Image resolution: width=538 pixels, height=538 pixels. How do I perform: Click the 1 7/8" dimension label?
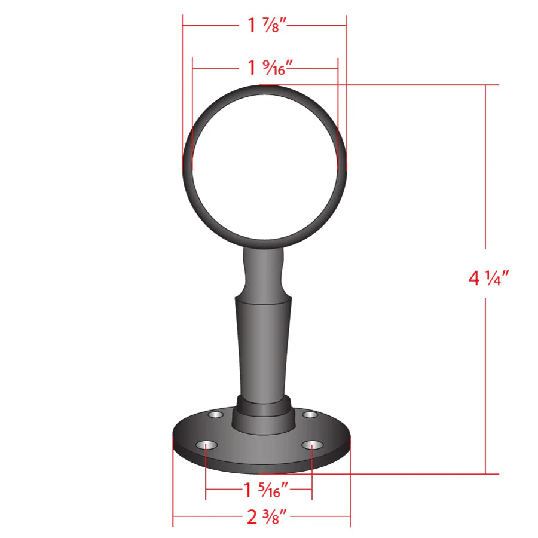pos(267,25)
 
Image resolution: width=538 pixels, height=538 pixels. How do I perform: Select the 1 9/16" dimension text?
pos(270,68)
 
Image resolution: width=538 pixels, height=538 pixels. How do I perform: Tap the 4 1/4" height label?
pos(488,277)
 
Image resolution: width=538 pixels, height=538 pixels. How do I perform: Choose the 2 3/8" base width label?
pos(267,516)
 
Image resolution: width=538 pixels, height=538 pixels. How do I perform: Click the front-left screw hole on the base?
pos(206,445)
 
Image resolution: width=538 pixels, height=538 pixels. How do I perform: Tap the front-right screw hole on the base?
pos(312,445)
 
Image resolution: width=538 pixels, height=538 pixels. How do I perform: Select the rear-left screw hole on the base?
pos(215,415)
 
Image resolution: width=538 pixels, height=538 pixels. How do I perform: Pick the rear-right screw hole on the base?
pos(310,415)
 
